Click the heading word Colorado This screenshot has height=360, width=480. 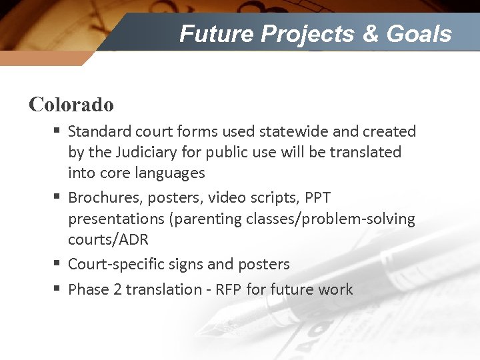(x=71, y=105)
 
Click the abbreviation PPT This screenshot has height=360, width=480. (x=317, y=198)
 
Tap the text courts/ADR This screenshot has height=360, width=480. (x=108, y=239)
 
